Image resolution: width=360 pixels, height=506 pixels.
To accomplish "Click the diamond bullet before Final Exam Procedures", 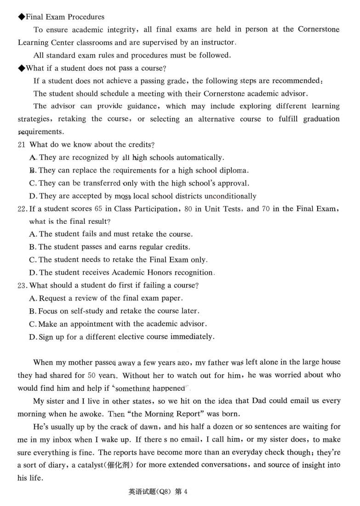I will (21, 17).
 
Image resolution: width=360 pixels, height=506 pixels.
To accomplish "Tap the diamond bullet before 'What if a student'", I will (21, 68).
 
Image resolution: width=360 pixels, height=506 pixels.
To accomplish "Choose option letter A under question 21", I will (33, 157).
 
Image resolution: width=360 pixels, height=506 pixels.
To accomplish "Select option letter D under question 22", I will (33, 273).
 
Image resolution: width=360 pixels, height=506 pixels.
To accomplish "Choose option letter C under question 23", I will (33, 324).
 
